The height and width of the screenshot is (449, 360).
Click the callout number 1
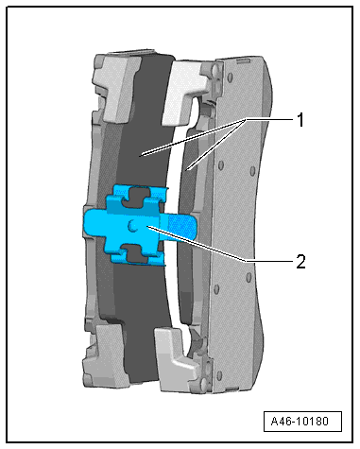300,120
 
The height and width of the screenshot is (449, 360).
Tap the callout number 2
300,262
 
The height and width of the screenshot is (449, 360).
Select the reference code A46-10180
300,421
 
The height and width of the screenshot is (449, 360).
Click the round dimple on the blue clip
132,226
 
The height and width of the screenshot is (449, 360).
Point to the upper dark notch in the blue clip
136,198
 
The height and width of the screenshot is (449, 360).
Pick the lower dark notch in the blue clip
136,252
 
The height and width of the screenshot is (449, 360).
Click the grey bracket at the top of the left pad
117,88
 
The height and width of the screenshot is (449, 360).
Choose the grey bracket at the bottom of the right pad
177,360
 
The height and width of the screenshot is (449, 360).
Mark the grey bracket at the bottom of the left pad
106,355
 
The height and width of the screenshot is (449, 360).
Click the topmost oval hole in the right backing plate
230,77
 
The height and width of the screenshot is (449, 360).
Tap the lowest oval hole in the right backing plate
219,375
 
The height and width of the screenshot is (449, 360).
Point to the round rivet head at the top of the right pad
215,68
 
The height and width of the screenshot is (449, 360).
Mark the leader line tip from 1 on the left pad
143,155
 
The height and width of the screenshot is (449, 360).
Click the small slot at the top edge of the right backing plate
243,60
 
